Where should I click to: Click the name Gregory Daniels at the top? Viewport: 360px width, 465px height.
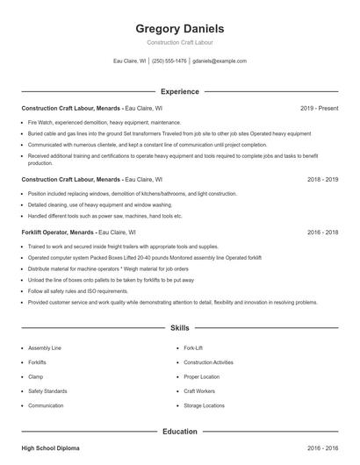[x=179, y=28]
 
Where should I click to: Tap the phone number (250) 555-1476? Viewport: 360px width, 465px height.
[x=169, y=61]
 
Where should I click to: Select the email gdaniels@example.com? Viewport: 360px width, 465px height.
[x=220, y=61]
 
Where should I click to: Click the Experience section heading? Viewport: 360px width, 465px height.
[x=179, y=91]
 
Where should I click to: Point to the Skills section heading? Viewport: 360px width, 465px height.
[x=179, y=327]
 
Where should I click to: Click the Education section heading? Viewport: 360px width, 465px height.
[x=179, y=432]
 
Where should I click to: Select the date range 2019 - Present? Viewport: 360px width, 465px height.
[x=319, y=108]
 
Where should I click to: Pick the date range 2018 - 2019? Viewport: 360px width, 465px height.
[x=322, y=179]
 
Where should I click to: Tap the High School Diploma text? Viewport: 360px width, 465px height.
[x=50, y=448]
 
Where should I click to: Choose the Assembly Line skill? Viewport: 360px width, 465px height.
[x=45, y=347]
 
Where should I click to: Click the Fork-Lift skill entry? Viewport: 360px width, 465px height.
[x=193, y=347]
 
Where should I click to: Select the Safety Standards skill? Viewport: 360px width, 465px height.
[x=47, y=391]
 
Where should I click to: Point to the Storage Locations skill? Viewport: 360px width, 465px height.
[x=203, y=406]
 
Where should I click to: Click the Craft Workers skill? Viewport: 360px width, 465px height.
[x=199, y=391]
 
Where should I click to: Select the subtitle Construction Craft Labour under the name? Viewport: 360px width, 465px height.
[x=179, y=42]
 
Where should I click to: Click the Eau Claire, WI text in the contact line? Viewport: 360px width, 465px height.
[x=130, y=61]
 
